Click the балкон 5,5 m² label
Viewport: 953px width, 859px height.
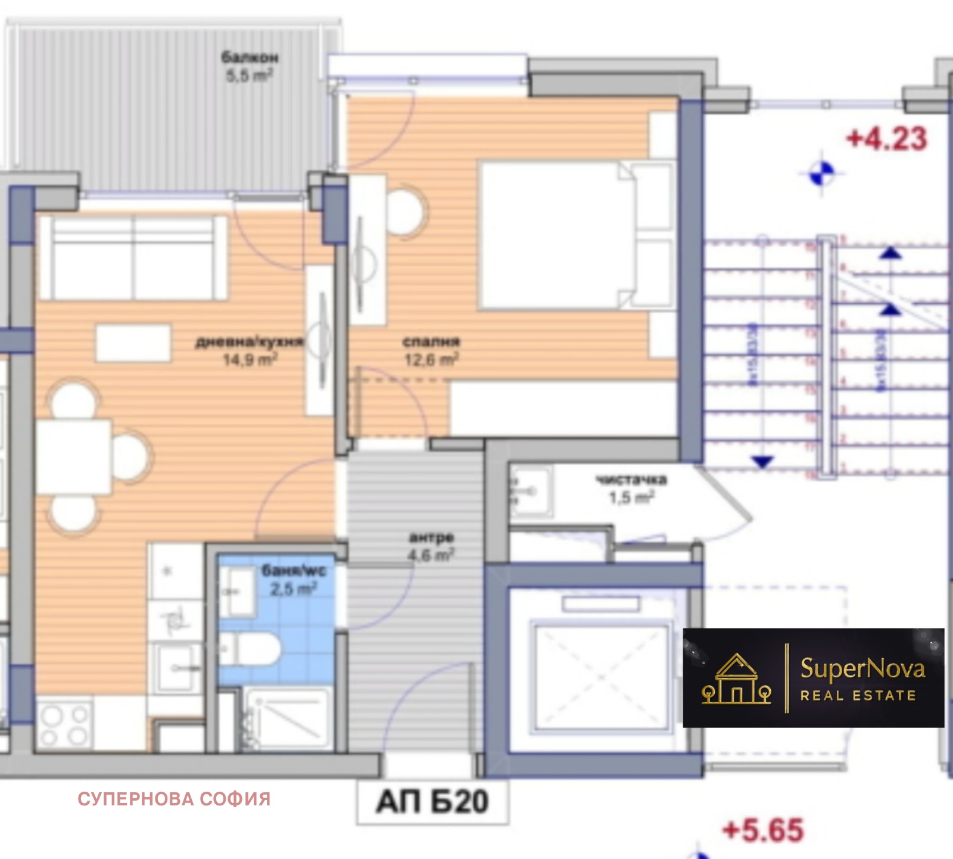[x=250, y=66]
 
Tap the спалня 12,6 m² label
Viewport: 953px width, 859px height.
[x=431, y=350]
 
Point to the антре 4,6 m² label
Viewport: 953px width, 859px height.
[x=431, y=546]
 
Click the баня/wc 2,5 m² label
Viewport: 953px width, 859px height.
[x=294, y=580]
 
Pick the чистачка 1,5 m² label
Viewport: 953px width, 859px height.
[x=631, y=488]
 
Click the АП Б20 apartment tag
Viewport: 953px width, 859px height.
[x=432, y=802]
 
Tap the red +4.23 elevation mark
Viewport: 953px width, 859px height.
[x=887, y=139]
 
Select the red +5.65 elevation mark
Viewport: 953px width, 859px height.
[x=763, y=830]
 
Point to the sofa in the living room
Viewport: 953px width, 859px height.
[x=133, y=257]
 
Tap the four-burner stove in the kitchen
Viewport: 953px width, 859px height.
[x=64, y=726]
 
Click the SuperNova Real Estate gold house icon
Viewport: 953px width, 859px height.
[x=737, y=679]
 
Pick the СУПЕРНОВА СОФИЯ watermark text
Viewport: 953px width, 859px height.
[x=174, y=799]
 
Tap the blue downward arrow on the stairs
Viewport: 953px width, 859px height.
[x=762, y=460]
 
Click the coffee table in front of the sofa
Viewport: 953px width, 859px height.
[x=133, y=342]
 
